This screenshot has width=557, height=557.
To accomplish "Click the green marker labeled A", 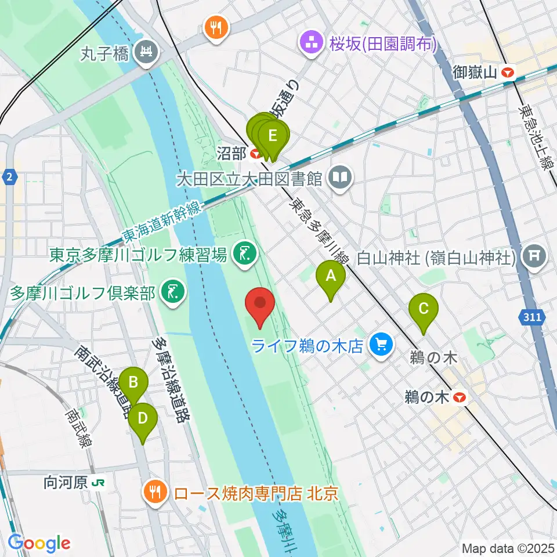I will click(330, 277).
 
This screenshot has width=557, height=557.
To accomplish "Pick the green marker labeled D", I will click(142, 418).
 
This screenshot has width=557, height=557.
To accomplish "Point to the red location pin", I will click(260, 303).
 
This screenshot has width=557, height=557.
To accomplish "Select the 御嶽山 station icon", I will click(509, 73).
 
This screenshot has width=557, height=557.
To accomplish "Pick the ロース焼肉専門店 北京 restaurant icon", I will click(155, 493).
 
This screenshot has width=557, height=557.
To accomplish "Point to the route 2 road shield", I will click(9, 176).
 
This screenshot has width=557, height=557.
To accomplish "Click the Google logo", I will click(39, 542).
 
